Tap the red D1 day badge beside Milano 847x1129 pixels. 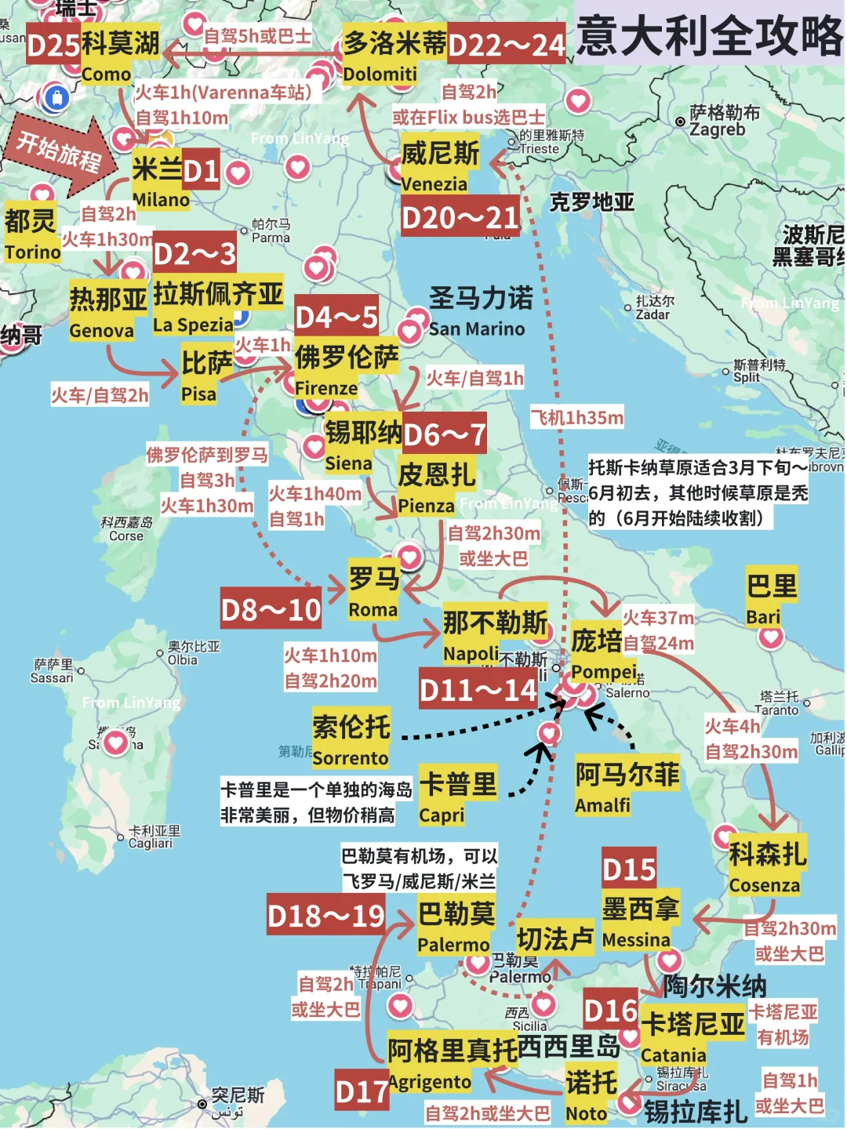click(x=201, y=170)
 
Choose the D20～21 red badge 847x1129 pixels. click(x=460, y=217)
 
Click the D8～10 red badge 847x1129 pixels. click(x=271, y=609)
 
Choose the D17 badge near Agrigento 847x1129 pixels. click(x=362, y=1091)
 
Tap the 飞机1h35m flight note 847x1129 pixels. click(x=577, y=418)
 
